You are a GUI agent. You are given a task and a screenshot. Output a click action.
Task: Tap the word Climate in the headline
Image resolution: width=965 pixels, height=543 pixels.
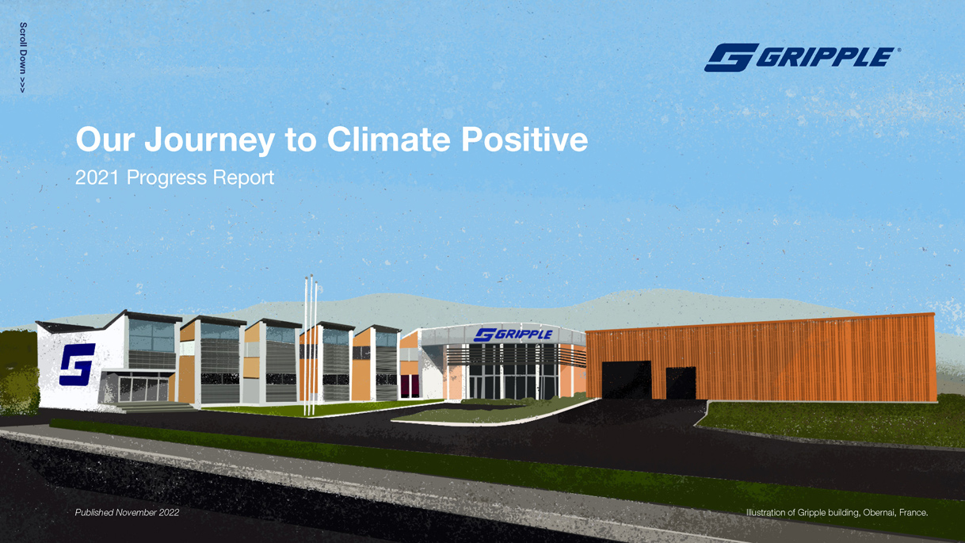coord(388,139)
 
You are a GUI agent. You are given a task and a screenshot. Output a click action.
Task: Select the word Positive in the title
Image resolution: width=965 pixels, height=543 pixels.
coord(524,139)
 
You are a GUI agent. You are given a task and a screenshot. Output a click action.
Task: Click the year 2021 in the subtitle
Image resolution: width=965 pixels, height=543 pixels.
coord(97,178)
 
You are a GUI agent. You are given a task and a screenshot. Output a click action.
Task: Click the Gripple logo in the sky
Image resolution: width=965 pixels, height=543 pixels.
coord(802,57)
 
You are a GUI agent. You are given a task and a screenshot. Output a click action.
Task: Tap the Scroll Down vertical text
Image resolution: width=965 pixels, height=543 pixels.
coord(23,57)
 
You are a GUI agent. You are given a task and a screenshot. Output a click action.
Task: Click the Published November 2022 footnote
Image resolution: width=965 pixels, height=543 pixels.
coord(127,512)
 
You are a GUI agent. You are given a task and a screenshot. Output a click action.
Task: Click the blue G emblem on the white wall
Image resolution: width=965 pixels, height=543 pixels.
coord(77,365)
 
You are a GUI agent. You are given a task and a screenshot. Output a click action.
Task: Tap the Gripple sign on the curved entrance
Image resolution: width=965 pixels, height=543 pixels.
coord(513,335)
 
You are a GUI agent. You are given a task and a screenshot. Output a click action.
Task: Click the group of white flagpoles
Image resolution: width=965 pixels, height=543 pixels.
coord(311,345)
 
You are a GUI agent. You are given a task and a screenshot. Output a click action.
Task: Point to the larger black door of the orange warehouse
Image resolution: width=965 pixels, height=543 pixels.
coord(627,380)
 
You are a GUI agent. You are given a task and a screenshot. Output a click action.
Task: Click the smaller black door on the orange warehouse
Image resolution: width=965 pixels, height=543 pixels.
coord(681,383)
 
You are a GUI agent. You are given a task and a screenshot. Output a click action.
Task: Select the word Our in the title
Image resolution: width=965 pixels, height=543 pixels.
coord(105,140)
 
